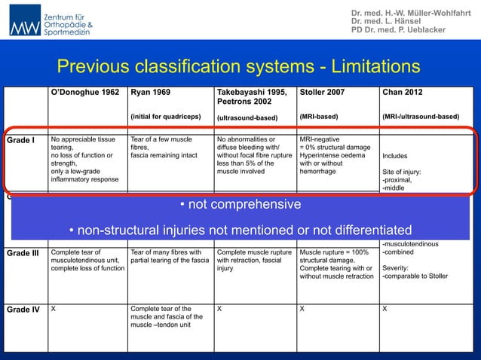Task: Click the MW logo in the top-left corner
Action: (26, 24)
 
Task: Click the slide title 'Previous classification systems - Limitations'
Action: (239, 67)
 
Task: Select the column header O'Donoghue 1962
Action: (84, 93)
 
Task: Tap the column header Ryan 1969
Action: (150, 93)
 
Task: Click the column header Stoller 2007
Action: (323, 93)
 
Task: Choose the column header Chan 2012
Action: (403, 93)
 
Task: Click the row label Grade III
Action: (25, 252)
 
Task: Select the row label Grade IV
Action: (25, 309)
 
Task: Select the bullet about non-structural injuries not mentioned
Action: (240, 230)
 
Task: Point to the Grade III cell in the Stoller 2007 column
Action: (336, 264)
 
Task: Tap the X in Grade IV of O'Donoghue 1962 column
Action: (54, 309)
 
